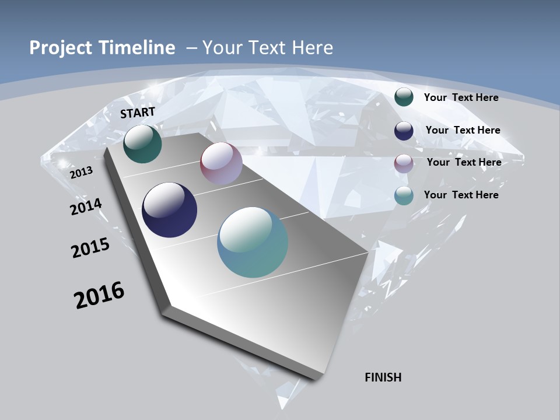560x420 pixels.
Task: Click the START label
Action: pyautogui.click(x=138, y=113)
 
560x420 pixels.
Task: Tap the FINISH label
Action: pyautogui.click(x=383, y=377)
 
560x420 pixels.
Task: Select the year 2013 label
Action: pyautogui.click(x=81, y=173)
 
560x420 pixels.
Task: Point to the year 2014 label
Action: pyautogui.click(x=86, y=207)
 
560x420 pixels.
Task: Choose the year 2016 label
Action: pyautogui.click(x=99, y=295)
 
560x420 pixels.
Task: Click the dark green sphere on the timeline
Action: pyautogui.click(x=142, y=144)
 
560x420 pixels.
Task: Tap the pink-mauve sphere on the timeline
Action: pyautogui.click(x=221, y=164)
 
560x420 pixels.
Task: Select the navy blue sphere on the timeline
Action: pyautogui.click(x=169, y=210)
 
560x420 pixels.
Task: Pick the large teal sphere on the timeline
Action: pyautogui.click(x=253, y=242)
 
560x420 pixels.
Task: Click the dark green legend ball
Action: pyautogui.click(x=404, y=97)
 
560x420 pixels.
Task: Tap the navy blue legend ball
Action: pyautogui.click(x=404, y=131)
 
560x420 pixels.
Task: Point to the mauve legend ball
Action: pyautogui.click(x=404, y=163)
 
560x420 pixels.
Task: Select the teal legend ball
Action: pyautogui.click(x=404, y=195)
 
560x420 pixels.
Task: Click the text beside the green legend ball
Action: pyautogui.click(x=461, y=97)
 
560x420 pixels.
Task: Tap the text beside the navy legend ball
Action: pyautogui.click(x=463, y=130)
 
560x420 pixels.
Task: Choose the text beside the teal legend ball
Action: pyautogui.click(x=461, y=195)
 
